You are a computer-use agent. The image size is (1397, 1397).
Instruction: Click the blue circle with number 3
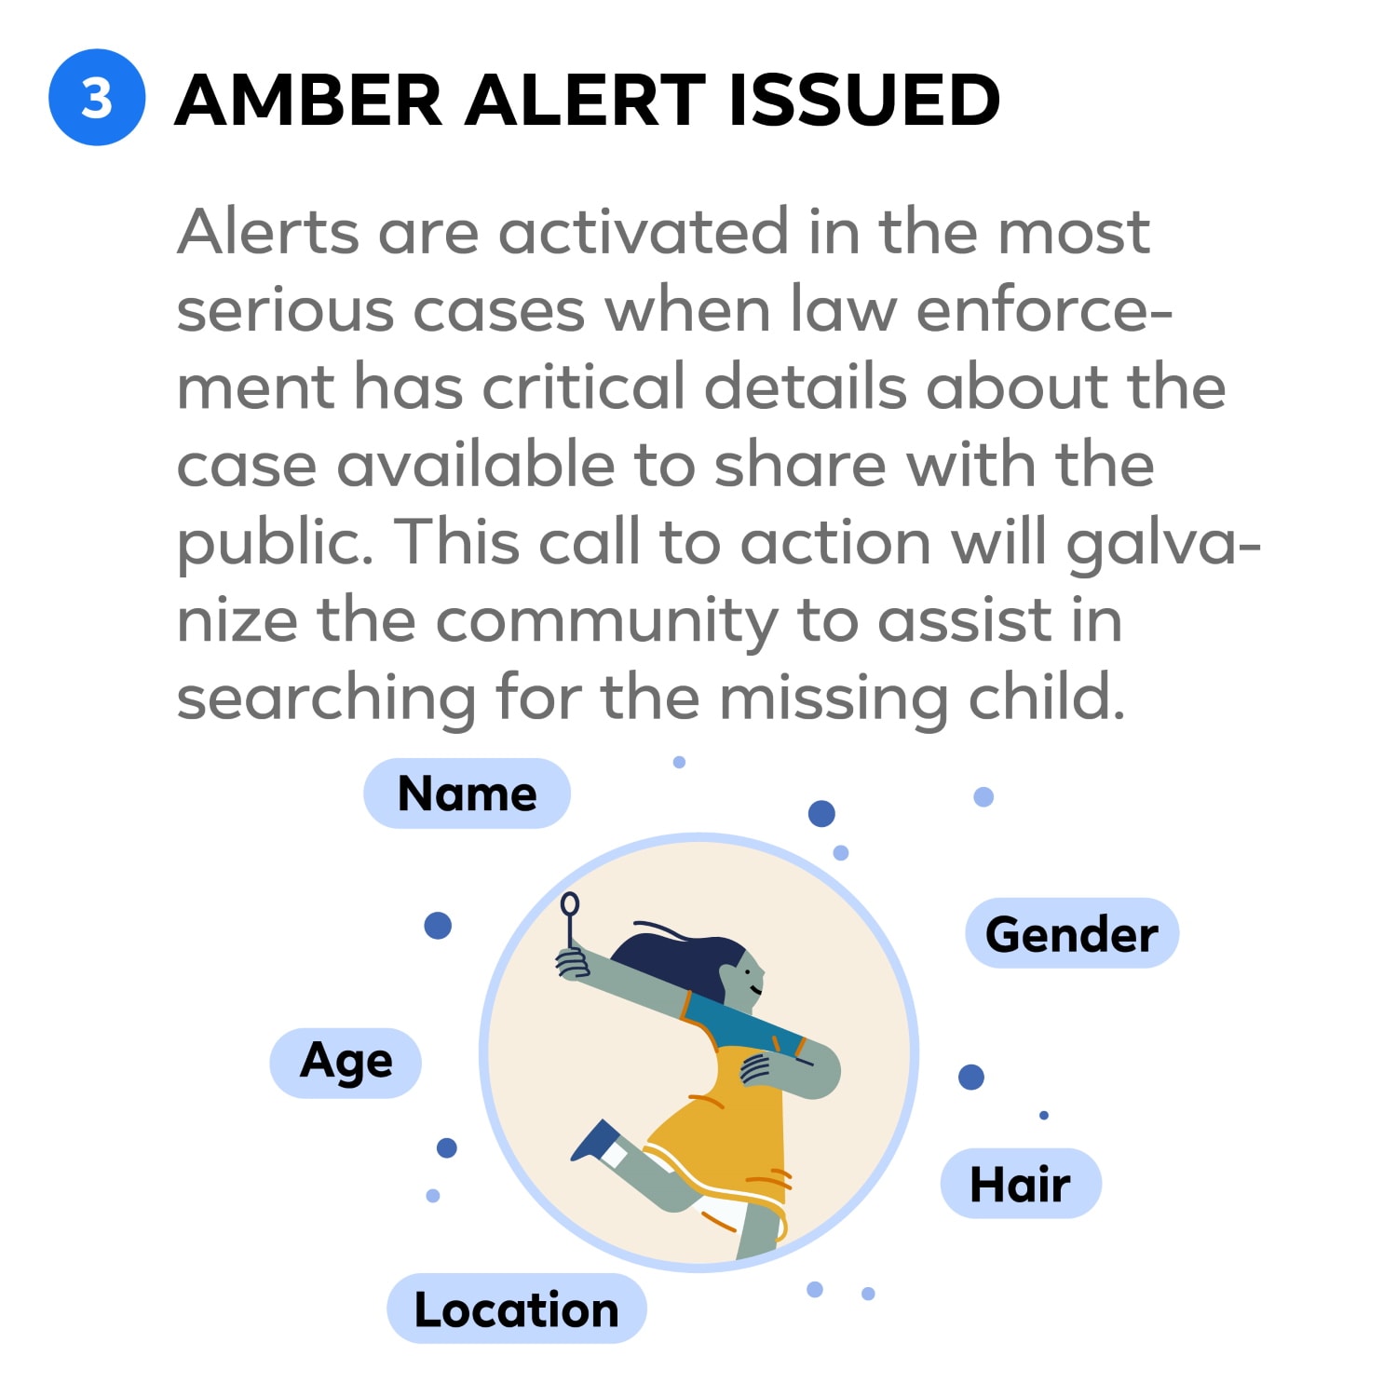pos(97,98)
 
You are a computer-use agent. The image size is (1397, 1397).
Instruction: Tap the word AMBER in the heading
pos(308,101)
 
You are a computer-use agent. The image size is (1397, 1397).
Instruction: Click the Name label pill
pos(467,793)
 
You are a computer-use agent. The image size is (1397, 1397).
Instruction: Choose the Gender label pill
pos(1071,933)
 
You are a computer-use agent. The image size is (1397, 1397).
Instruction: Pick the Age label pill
pos(346,1063)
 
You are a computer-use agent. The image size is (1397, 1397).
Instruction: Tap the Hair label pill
pos(1021,1184)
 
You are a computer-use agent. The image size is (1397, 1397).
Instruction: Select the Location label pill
pos(516,1309)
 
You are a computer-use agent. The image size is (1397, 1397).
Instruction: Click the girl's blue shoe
pos(594,1142)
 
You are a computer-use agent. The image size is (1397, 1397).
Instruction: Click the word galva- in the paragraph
pos(1163,543)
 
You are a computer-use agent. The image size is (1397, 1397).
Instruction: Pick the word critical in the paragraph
pos(584,387)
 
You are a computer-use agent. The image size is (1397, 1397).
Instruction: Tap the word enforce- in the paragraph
pos(1044,309)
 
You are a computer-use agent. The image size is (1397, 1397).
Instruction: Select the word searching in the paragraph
pos(326,698)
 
